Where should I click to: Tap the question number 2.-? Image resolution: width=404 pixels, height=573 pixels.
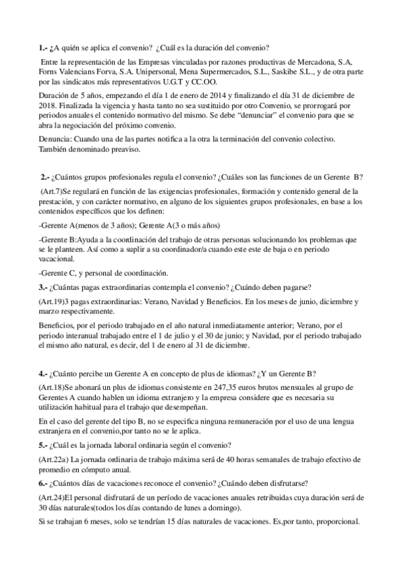45,178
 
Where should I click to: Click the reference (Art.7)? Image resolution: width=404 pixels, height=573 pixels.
52,193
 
